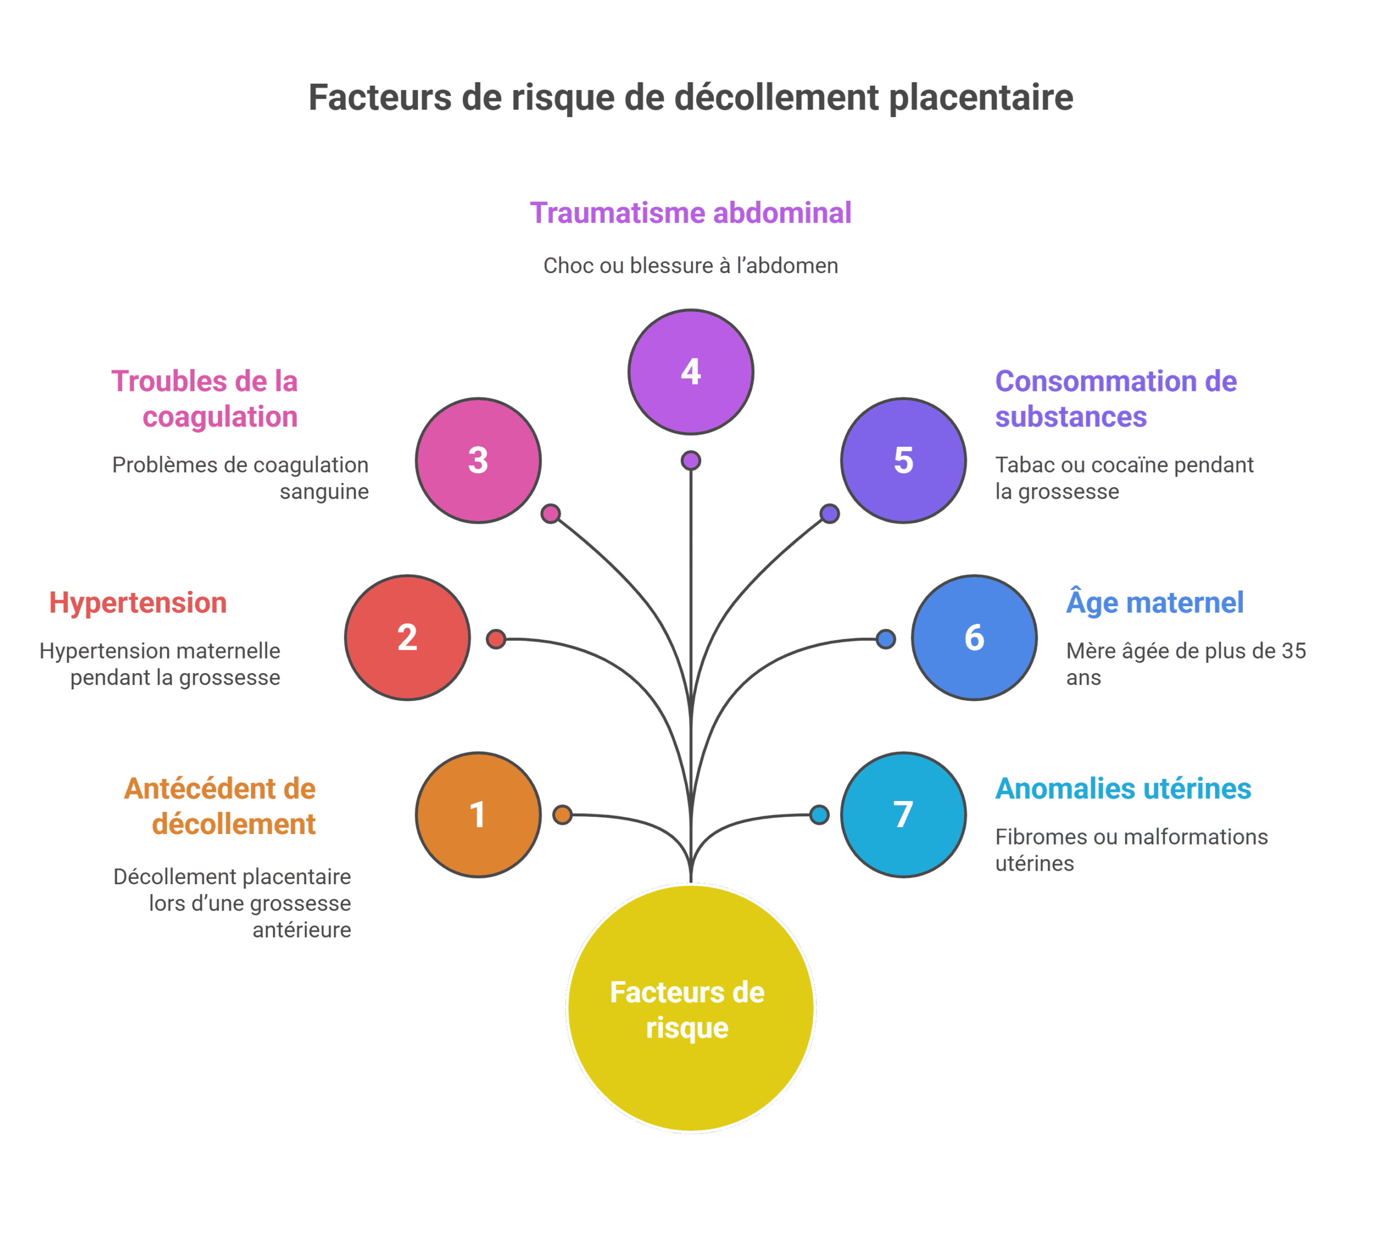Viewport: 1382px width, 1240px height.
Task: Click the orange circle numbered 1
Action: click(478, 815)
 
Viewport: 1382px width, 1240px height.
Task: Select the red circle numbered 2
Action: click(408, 638)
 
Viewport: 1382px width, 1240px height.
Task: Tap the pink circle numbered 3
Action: click(478, 460)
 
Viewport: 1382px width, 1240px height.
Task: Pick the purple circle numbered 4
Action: click(690, 372)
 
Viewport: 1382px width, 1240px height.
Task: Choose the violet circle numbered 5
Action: click(903, 460)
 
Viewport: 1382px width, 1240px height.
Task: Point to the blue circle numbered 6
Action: click(974, 638)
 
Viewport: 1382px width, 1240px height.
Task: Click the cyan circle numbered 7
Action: click(903, 815)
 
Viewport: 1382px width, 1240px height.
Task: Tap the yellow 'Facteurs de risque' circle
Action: click(690, 1008)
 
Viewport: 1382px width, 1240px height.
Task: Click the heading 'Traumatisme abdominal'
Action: click(690, 213)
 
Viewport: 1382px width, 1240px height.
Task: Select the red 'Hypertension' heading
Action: click(138, 603)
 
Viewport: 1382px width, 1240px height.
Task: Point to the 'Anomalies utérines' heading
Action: click(1123, 789)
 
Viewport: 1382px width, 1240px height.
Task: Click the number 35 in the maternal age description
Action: click(1293, 652)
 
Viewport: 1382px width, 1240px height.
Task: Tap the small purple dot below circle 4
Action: click(690, 460)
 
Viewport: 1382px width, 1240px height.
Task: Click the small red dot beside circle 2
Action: click(496, 639)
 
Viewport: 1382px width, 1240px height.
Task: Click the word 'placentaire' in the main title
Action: click(981, 97)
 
